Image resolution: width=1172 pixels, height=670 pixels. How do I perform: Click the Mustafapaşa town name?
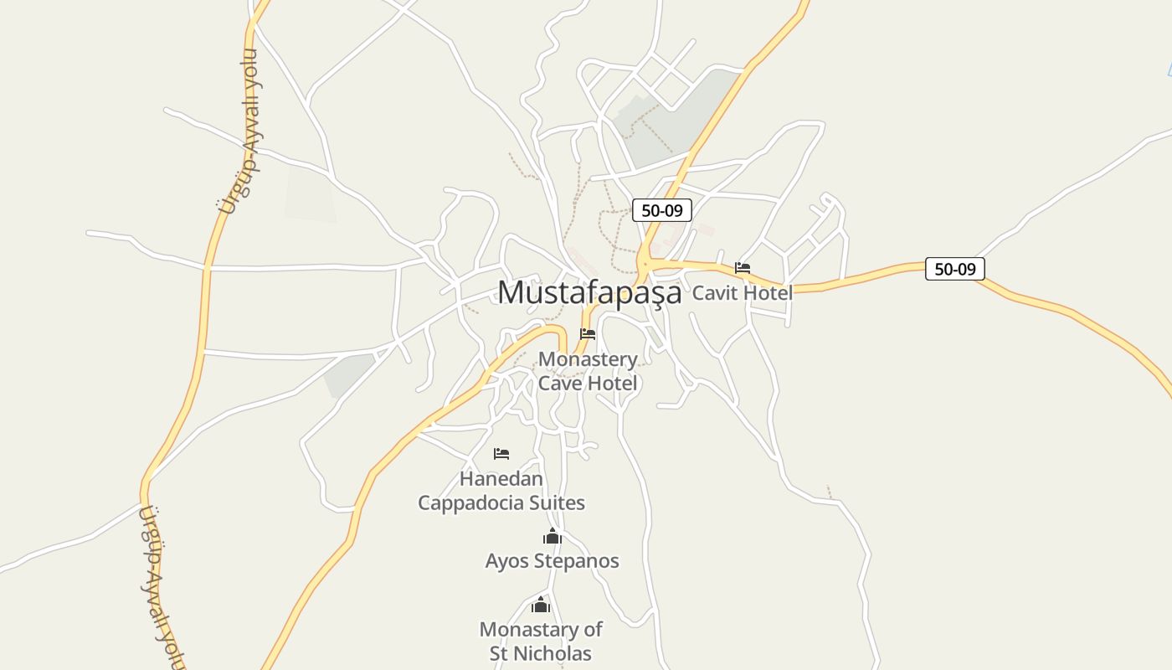coord(589,292)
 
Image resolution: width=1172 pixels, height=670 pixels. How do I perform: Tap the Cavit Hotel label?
coord(742,293)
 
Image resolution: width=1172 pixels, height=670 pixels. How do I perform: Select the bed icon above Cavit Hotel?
coord(743,268)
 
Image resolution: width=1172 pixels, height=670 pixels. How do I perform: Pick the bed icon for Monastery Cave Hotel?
coord(588,333)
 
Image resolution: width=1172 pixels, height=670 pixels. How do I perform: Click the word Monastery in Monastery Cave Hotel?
coord(588,359)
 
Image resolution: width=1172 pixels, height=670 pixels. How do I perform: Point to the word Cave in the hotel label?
coord(560,384)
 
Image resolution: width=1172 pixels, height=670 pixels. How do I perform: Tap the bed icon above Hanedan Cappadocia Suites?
coord(501,454)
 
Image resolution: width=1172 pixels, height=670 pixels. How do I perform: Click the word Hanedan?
coord(501,479)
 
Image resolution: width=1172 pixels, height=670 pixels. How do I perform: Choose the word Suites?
coord(557,503)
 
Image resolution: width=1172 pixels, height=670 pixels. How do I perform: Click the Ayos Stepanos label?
coord(552,561)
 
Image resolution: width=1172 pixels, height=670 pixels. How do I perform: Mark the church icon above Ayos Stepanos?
coord(552,536)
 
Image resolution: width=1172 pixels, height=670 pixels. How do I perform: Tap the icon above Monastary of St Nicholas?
coord(541,605)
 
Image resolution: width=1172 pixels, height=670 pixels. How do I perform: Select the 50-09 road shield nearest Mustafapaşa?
coord(661,210)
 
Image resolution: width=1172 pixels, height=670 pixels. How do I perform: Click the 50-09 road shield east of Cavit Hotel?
coord(954,269)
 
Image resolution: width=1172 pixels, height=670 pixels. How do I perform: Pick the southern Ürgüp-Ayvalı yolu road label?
coord(160,586)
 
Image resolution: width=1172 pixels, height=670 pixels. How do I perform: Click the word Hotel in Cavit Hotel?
coord(765,293)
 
